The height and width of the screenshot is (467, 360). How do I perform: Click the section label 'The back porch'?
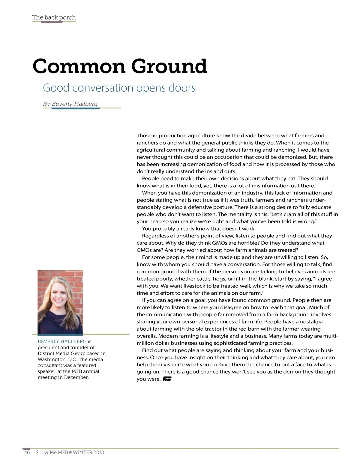(x=54, y=17)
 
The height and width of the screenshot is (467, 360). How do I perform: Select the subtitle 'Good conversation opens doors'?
(x=119, y=88)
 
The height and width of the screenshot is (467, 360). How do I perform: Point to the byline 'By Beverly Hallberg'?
(x=70, y=104)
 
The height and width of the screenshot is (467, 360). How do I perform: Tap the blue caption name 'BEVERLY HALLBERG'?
(x=62, y=341)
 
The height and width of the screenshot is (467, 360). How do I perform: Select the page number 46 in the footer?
(x=27, y=452)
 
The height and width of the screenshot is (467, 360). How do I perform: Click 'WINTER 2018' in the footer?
(x=88, y=452)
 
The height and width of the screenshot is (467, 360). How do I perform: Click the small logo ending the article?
(x=167, y=379)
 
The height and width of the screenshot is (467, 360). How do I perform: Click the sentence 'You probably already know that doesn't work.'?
(x=199, y=228)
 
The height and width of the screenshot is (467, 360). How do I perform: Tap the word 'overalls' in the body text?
(x=146, y=336)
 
